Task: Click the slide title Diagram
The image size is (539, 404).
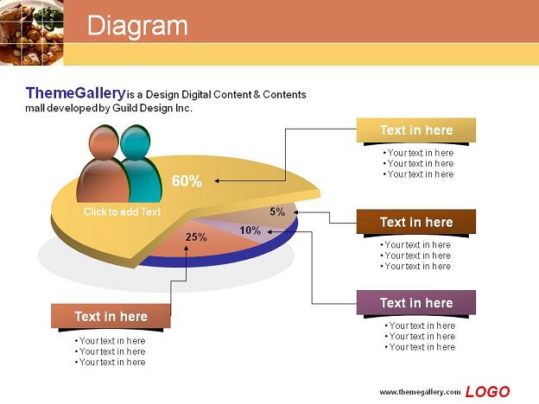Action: [x=137, y=26]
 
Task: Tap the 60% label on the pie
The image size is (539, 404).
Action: [x=187, y=181]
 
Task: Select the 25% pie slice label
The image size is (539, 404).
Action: [x=196, y=237]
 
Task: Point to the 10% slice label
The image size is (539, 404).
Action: [x=250, y=230]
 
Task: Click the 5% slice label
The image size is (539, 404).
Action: [x=277, y=211]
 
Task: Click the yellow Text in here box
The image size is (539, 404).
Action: [x=416, y=130]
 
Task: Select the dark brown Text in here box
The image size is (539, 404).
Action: [x=416, y=222]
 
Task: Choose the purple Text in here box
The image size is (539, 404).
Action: [x=416, y=303]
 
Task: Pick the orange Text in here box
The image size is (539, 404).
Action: [x=111, y=316]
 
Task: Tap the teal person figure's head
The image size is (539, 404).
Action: [x=136, y=142]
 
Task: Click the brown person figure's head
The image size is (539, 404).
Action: [x=104, y=142]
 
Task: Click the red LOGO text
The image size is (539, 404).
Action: [x=487, y=392]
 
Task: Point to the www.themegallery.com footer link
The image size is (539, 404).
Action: [x=420, y=392]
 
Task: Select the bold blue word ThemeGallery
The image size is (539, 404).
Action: [x=76, y=93]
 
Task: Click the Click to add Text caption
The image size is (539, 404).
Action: [x=122, y=211]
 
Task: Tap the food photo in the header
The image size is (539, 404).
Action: [x=32, y=33]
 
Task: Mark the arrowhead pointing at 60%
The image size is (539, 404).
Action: [x=218, y=180]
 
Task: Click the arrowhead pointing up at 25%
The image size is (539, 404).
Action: [x=186, y=248]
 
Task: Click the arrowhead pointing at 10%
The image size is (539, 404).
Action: [x=270, y=232]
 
